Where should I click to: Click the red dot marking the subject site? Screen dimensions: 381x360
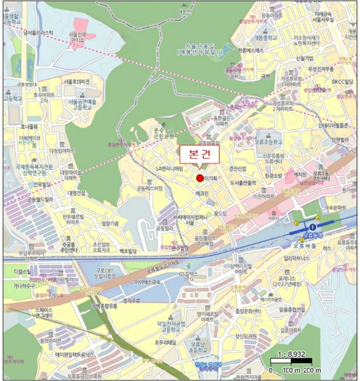(200, 179)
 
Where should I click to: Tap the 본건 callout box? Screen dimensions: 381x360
(199, 155)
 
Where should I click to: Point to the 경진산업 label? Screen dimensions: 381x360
(238, 168)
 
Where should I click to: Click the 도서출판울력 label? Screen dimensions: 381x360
(243, 183)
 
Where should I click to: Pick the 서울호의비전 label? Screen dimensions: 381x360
(76, 81)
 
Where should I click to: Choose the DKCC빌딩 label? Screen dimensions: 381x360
(343, 82)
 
